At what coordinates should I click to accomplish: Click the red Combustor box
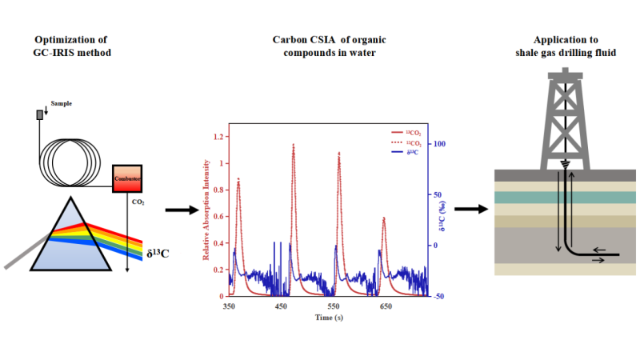[x=126, y=178]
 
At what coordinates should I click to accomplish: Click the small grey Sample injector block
[x=39, y=114]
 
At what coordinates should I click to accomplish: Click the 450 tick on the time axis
[x=280, y=306]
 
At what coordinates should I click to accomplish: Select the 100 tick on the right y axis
[x=438, y=144]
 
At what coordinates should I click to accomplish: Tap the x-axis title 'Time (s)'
[x=327, y=318]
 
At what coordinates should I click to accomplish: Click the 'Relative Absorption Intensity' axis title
[x=206, y=210]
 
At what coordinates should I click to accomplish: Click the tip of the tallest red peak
[x=294, y=145]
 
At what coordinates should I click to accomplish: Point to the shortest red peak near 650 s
[x=384, y=218]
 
